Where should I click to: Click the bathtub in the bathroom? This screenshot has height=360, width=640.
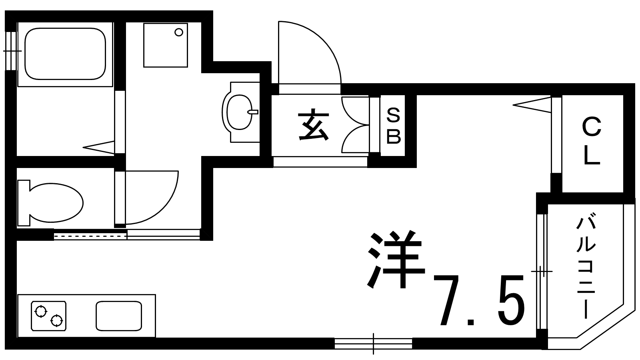pos(65,54)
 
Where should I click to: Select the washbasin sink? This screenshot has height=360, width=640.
pos(239,112)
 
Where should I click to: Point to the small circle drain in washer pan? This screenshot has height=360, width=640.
pos(179,32)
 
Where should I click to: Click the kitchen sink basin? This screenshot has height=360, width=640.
pos(119,316)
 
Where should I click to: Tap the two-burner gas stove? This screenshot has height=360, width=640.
pos(48,316)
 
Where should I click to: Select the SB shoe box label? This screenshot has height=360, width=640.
pos(393,126)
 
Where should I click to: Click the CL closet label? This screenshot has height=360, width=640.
pos(592,141)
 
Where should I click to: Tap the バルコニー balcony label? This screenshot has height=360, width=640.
pos(585,267)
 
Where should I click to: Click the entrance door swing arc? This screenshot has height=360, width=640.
pos(316,48)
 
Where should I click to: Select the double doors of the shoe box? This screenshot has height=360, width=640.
pos(354,125)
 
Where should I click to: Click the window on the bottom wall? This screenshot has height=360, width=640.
pos(373,344)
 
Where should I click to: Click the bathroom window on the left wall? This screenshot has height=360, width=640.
pos(11,51)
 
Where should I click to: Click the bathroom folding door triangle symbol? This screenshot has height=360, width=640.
pos(99,147)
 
